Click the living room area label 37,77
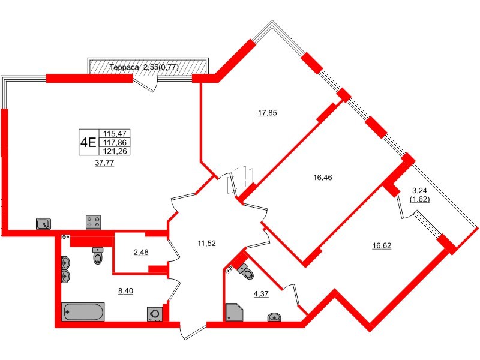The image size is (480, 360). point(104,163)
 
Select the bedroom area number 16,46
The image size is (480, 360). point(322,177)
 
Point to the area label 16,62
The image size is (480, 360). point(382,245)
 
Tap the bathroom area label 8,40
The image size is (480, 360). point(125,290)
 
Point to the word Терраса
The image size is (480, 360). point(124,68)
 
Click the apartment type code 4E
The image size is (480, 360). point(88,142)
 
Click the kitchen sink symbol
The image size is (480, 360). point(44,224)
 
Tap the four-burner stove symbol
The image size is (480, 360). point(94,223)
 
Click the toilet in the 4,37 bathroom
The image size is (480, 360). point(246,272)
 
